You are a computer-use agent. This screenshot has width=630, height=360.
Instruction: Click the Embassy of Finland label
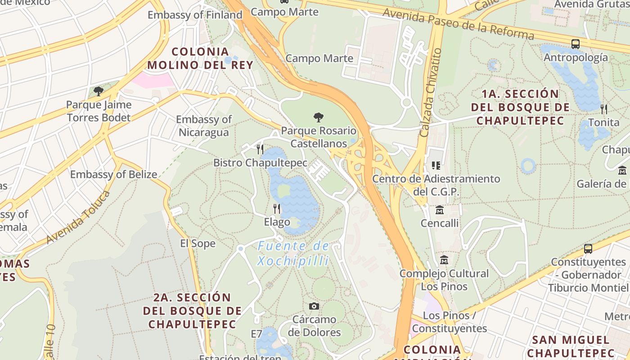tap(195, 15)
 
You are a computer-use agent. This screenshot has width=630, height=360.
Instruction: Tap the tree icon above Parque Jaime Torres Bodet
tap(98, 92)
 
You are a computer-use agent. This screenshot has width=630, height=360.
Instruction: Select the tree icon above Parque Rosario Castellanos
tap(319, 118)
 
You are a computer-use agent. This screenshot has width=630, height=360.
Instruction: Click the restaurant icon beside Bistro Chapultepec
tap(260, 149)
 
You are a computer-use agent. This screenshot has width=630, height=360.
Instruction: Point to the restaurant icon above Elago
tap(277, 209)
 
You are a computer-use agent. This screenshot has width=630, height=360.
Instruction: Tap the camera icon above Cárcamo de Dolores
tap(314, 306)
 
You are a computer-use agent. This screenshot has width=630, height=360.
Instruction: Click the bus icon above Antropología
tap(575, 44)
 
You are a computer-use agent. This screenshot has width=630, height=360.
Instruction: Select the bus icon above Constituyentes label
tap(588, 249)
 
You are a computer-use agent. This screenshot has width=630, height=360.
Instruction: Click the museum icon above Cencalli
tap(439, 210)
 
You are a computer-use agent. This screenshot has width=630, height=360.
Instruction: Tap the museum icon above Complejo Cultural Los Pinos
tap(445, 260)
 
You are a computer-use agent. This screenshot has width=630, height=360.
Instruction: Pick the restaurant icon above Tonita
tap(603, 109)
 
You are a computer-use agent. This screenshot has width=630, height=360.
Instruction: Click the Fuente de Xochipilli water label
tap(293, 253)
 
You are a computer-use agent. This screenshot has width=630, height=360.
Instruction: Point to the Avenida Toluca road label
tap(78, 217)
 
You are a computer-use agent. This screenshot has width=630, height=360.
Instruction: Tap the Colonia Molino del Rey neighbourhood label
tap(200, 58)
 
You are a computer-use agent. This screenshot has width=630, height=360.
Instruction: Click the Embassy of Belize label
tap(113, 175)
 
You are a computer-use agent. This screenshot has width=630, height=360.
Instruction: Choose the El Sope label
tap(198, 243)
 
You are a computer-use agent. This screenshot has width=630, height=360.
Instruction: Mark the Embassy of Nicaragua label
tap(204, 126)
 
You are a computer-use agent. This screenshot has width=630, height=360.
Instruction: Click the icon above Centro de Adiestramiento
tap(436, 166)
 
